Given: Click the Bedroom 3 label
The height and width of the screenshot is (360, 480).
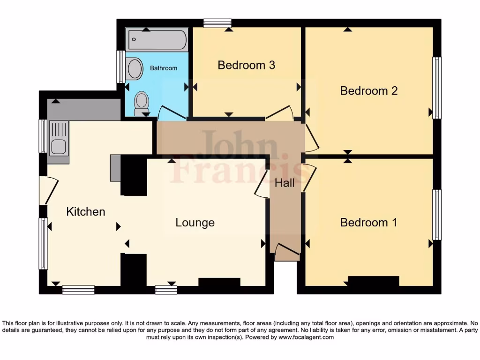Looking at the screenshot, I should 246,65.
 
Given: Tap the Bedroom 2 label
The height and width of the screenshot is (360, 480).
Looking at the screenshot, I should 369,90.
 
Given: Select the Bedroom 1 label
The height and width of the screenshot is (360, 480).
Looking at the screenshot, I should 368,222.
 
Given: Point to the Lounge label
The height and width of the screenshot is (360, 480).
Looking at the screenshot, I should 195,222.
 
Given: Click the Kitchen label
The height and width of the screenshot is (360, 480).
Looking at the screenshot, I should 86,211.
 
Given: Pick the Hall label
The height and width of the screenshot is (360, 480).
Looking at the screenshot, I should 285,183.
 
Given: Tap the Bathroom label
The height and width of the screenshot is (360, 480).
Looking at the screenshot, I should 164,68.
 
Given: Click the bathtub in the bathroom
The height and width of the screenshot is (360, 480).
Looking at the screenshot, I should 157,40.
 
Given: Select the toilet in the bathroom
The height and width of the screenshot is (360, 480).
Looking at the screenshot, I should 141,103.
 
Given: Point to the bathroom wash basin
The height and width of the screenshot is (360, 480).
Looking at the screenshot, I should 135,69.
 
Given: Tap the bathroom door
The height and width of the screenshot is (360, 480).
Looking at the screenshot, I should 171,112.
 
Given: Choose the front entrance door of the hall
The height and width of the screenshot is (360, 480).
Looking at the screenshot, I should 286,252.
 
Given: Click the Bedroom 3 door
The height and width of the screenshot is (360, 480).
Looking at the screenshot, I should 279,113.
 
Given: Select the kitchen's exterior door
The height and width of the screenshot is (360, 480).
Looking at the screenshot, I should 49,190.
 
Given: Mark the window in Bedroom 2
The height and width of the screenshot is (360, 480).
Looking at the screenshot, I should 437,88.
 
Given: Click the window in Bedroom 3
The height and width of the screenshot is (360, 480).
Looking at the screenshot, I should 217,23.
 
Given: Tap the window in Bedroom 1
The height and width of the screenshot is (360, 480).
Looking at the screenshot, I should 437,215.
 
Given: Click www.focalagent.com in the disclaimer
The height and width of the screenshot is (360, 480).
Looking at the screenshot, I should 306,337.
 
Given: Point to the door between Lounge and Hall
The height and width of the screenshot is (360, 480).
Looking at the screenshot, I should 261,183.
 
